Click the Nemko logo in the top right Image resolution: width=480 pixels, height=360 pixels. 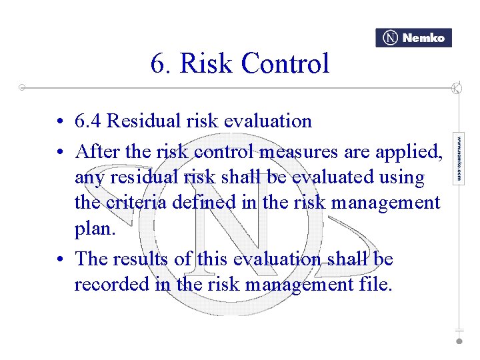click(413, 38)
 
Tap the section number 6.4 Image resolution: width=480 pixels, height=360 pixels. click(88, 121)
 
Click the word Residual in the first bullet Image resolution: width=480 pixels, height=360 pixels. click(142, 121)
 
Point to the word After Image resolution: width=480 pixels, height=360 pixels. click(98, 151)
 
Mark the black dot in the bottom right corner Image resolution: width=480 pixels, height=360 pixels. click(459, 341)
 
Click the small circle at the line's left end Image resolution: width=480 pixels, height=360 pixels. click(22, 87)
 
